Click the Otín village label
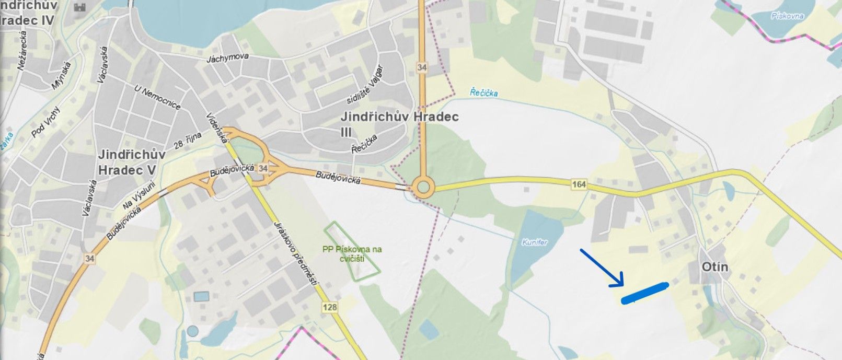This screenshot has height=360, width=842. (x=716, y=267)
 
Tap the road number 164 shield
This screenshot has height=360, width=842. (x=579, y=184)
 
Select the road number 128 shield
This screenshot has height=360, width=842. (x=330, y=307)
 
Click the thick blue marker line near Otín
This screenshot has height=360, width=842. (x=644, y=293)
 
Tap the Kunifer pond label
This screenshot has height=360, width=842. (x=535, y=242)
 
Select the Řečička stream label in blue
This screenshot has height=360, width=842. (x=483, y=92)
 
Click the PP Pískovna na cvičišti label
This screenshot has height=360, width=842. (x=352, y=253)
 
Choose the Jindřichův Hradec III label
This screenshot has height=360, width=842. (x=399, y=123)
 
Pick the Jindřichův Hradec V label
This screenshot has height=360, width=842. (x=132, y=162)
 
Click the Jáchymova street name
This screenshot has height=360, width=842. (x=227, y=57)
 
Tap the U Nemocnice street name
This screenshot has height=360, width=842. (x=157, y=98)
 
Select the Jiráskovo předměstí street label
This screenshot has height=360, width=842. (x=296, y=253)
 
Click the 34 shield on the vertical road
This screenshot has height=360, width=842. (x=422, y=67)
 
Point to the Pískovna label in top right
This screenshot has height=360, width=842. (x=787, y=16)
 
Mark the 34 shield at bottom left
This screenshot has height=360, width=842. (x=89, y=258)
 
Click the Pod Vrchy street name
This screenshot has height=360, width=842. (x=46, y=122)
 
